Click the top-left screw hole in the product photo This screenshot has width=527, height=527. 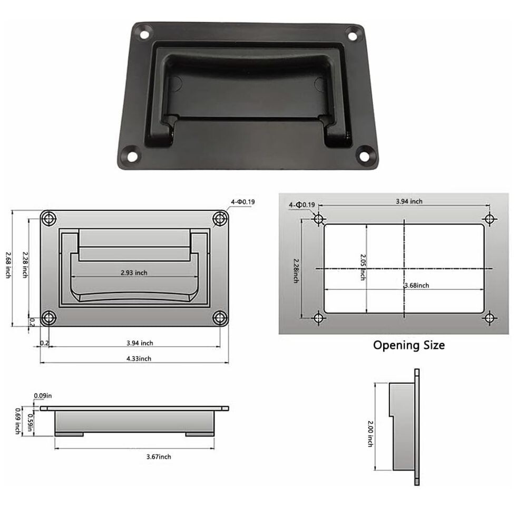[143, 34]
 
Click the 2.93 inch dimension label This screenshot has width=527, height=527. [134, 272]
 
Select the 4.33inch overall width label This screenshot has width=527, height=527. [139, 358]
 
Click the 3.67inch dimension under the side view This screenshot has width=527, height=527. [159, 456]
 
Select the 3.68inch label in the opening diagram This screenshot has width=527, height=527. [416, 285]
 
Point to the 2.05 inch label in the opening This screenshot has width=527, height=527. [363, 267]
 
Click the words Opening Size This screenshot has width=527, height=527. [409, 345]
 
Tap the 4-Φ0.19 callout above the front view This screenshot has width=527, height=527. [243, 201]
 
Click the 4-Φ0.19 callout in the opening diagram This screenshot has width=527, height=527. [301, 204]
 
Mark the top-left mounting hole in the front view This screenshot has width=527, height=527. [49, 219]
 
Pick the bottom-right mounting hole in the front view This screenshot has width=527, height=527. [219, 317]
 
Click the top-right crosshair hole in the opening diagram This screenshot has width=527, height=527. [490, 219]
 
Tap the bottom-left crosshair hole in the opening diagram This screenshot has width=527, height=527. [318, 318]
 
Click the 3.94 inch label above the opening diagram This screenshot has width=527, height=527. [409, 201]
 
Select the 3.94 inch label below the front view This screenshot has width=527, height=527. [140, 343]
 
